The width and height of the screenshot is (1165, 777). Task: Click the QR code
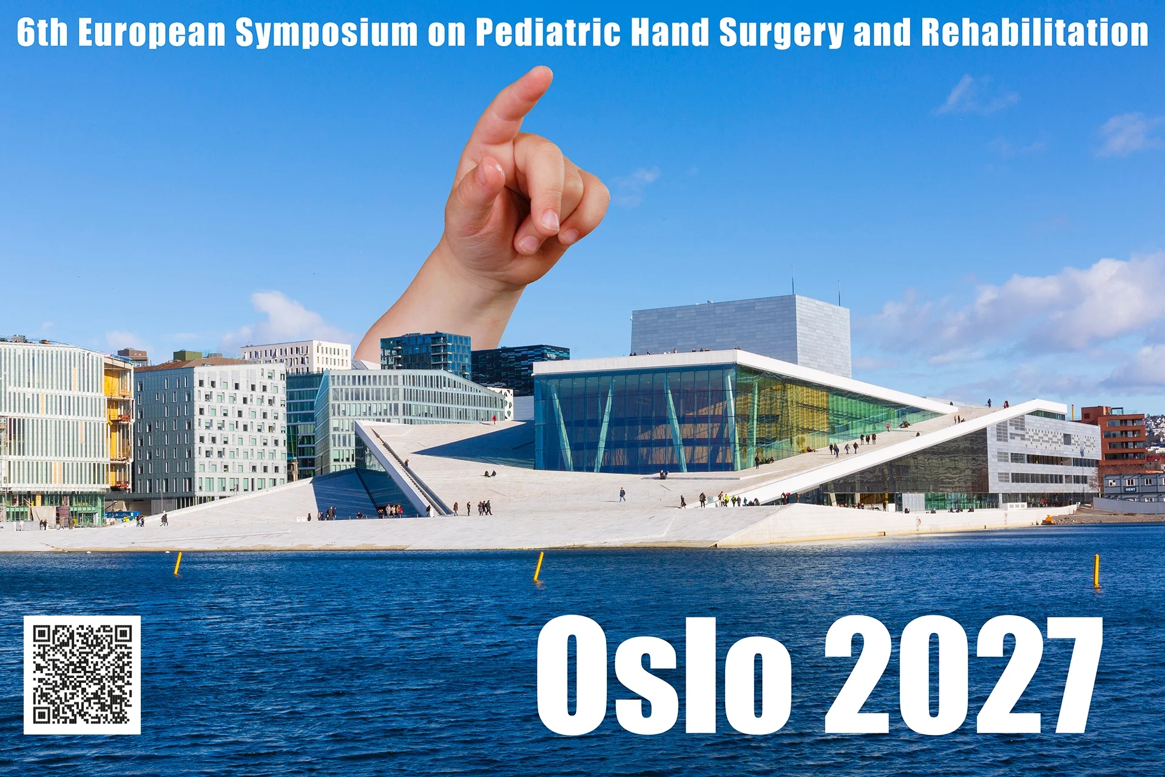pyautogui.click(x=82, y=675)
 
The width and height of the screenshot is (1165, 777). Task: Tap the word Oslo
pyautogui.click(x=664, y=676)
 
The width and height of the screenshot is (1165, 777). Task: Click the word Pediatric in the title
pyautogui.click(x=548, y=32)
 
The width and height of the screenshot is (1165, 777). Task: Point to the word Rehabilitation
pyautogui.click(x=1035, y=32)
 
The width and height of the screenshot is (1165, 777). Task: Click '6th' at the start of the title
pyautogui.click(x=42, y=32)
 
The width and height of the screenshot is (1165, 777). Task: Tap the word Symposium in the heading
pyautogui.click(x=326, y=33)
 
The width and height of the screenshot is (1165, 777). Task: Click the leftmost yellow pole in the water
pyautogui.click(x=178, y=563)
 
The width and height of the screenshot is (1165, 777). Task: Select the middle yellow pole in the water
pyautogui.click(x=538, y=566)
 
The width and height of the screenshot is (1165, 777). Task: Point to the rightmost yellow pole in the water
pyautogui.click(x=1096, y=571)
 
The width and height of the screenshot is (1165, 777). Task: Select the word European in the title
pyautogui.click(x=152, y=33)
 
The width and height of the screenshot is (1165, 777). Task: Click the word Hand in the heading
pyautogui.click(x=670, y=32)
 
